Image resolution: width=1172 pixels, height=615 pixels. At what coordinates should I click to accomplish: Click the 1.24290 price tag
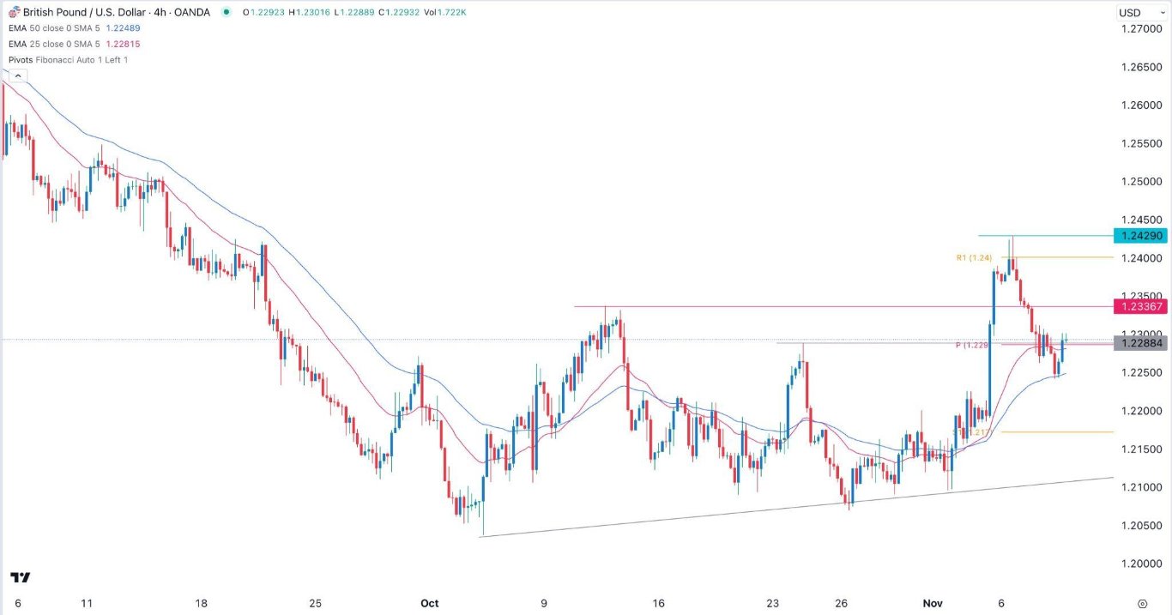tap(1138, 235)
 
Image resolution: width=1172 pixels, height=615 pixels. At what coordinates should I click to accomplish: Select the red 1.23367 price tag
tap(1138, 306)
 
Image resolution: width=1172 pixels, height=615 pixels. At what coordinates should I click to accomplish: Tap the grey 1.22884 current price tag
tap(1138, 343)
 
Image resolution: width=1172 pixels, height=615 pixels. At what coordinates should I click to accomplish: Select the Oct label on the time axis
tap(430, 603)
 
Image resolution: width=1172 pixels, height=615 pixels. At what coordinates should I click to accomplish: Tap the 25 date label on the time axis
tap(315, 603)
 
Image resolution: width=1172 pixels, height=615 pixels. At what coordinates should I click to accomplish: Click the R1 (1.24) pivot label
tap(975, 257)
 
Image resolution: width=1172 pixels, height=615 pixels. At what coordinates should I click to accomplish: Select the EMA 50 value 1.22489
tap(123, 27)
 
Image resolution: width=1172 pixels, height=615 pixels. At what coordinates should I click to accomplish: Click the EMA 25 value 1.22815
tap(123, 44)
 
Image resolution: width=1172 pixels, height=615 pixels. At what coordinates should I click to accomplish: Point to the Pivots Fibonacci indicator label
tap(69, 59)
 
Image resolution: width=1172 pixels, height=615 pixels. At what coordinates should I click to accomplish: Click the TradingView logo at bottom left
tap(21, 577)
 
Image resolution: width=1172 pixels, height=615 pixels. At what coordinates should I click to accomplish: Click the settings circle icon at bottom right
tap(1141, 603)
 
